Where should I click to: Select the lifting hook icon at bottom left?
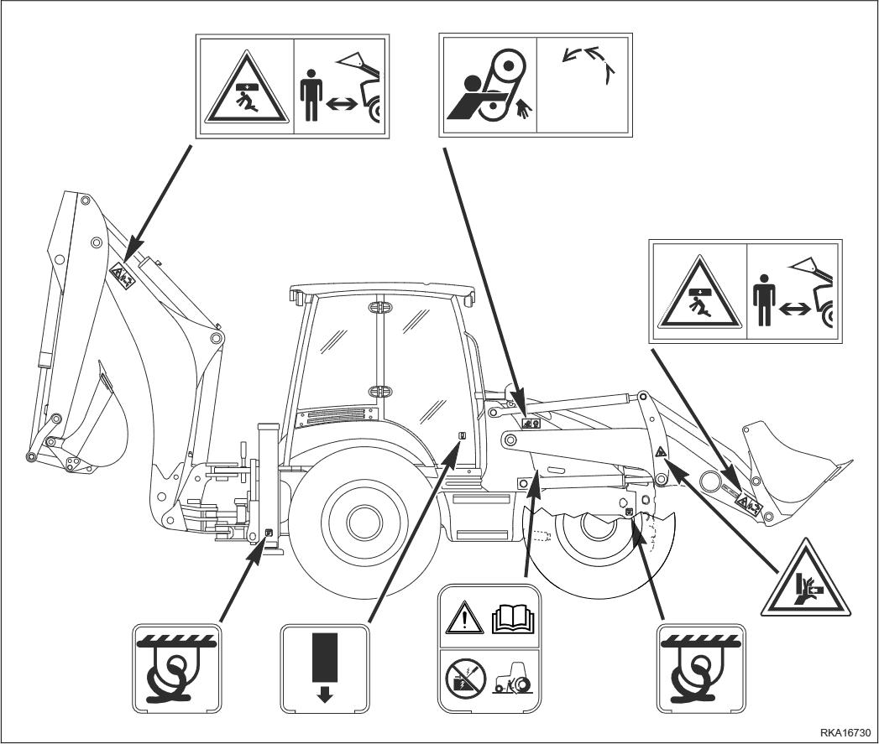(175, 667)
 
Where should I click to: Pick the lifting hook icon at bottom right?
(703, 667)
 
